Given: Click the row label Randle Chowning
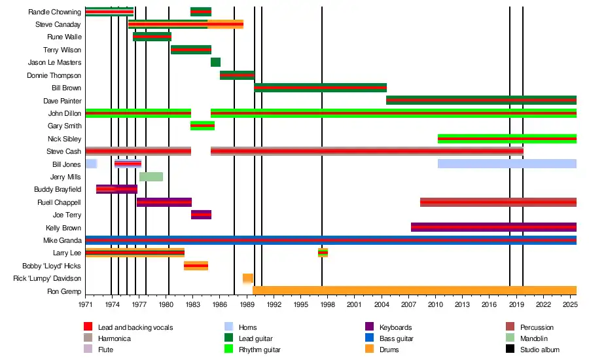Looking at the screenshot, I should click(55, 12).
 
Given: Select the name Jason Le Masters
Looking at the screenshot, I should click(55, 63).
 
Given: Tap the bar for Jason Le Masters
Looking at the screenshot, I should click(215, 62).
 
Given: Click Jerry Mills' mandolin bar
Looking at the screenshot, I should click(151, 177).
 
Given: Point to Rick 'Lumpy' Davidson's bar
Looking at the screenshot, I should click(248, 278).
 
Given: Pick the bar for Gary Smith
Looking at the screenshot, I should click(202, 126).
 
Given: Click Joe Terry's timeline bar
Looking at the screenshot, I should click(201, 215).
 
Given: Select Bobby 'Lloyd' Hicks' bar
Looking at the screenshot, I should click(196, 266).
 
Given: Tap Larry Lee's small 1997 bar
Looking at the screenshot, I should click(323, 253).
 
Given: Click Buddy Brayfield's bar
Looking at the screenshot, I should click(116, 189).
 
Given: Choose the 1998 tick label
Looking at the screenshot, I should click(328, 304).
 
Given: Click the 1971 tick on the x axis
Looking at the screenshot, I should click(86, 304).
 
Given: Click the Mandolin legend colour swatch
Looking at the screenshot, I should click(510, 338).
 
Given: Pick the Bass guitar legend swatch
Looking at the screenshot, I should click(368, 338).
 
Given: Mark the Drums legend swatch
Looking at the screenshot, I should click(368, 350).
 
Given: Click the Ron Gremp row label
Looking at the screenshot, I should click(64, 291).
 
